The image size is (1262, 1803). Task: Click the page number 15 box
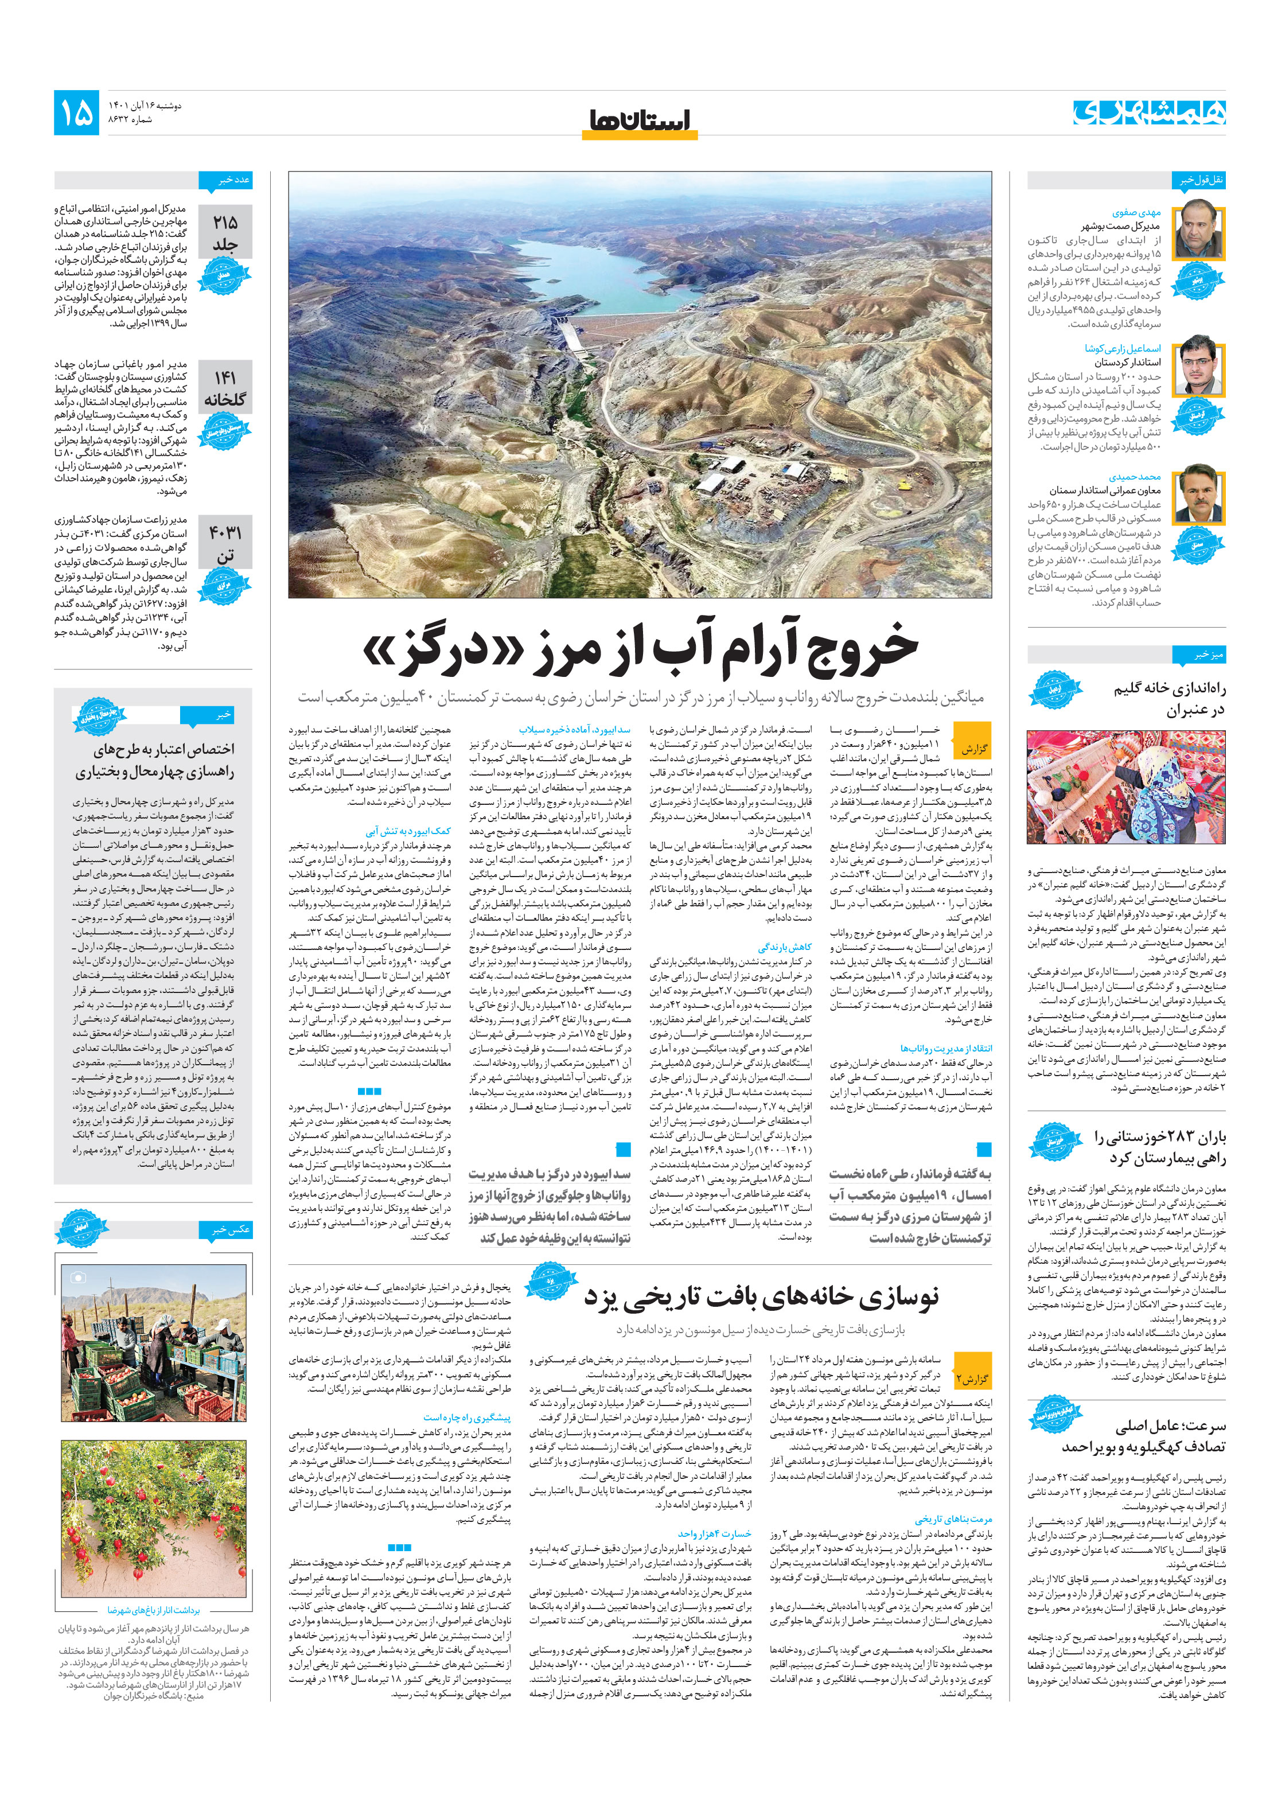[x=76, y=112]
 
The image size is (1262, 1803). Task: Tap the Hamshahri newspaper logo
[x=1149, y=112]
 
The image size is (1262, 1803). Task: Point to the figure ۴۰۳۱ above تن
[x=225, y=533]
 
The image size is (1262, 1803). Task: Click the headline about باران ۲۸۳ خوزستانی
[x=1159, y=1147]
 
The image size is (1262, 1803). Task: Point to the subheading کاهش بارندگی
[x=785, y=947]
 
